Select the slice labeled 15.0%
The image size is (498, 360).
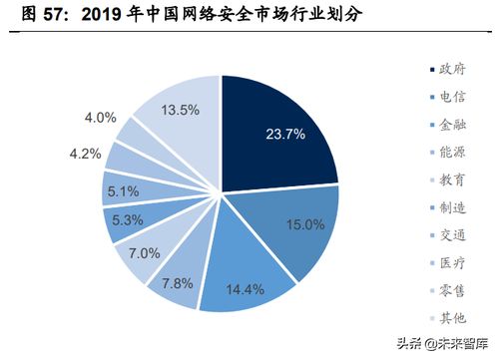pyautogui.click(x=299, y=224)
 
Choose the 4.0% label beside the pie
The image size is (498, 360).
pyautogui.click(x=101, y=118)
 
